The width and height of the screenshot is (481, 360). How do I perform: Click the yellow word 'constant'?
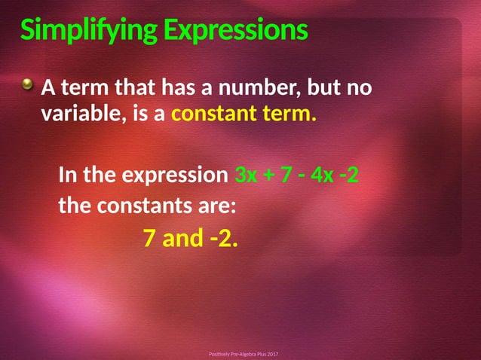point(218,116)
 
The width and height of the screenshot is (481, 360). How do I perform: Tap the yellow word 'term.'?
point(291,116)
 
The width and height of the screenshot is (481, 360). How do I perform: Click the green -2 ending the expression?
point(349,177)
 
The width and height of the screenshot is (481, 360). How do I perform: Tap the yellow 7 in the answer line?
point(149,239)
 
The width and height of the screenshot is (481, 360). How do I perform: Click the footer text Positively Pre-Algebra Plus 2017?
point(243,353)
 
